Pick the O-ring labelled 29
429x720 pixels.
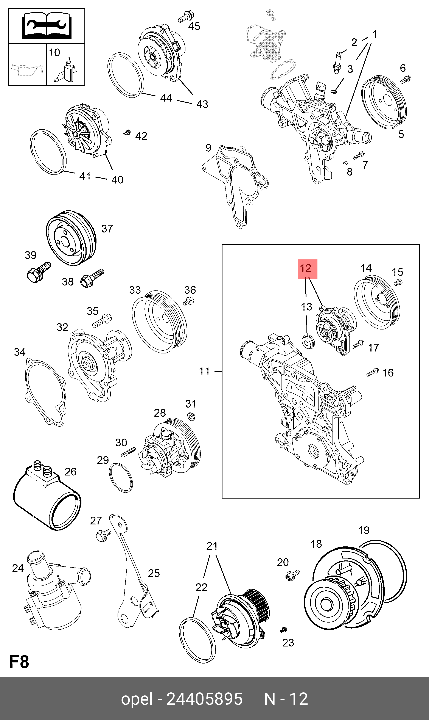click(121, 477)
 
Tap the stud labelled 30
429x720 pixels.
click(128, 452)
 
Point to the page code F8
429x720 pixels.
click(19, 662)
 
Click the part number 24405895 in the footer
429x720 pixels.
click(205, 699)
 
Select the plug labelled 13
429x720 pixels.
click(308, 342)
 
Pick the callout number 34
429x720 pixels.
click(20, 352)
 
